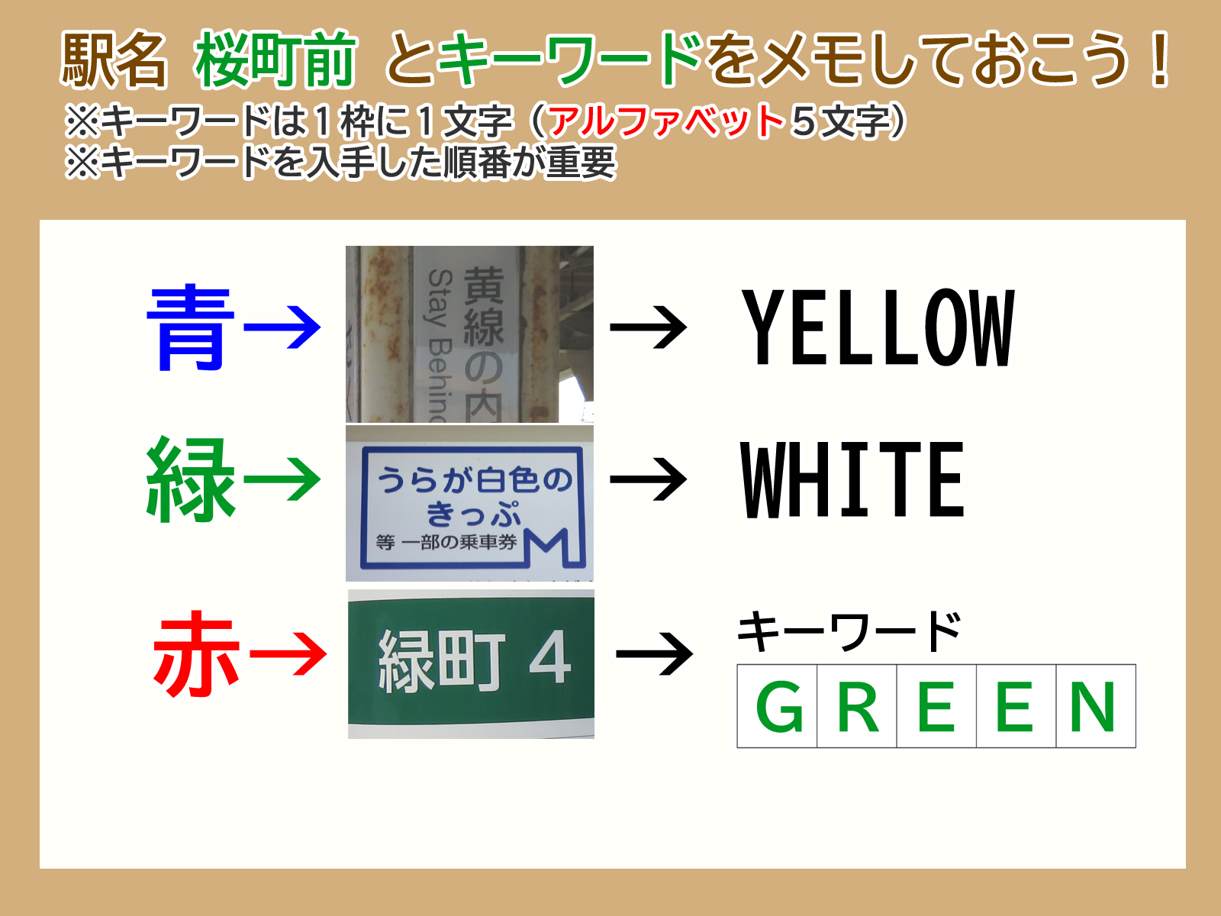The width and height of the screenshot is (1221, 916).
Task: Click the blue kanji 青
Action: click(190, 327)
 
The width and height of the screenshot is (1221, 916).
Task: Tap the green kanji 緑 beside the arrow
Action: click(190, 479)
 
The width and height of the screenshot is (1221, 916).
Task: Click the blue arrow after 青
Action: click(282, 327)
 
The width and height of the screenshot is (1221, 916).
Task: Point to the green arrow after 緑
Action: click(282, 479)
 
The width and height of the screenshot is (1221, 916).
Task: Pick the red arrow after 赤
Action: click(288, 653)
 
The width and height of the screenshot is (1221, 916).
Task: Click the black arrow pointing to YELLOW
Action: click(648, 327)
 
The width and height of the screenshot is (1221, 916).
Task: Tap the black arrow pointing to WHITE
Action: click(648, 479)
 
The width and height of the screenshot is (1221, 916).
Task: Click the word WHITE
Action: click(852, 479)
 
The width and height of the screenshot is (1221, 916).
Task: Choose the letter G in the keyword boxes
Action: click(779, 706)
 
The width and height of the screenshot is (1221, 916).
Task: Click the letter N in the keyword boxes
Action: click(1093, 706)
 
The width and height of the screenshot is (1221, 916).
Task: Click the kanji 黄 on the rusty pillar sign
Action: click(483, 285)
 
